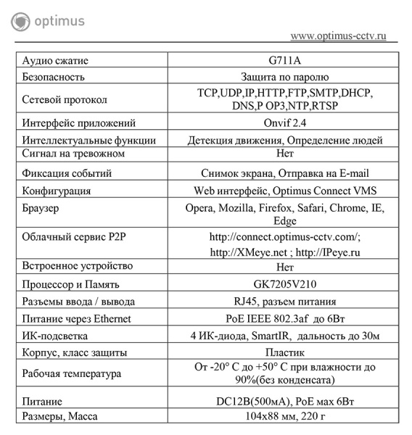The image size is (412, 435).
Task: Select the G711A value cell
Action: (285, 61)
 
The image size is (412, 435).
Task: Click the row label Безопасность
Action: (54, 76)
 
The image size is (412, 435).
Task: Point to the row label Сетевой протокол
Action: (65, 99)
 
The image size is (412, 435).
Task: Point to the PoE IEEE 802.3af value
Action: (272, 318)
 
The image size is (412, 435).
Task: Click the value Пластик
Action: (285, 352)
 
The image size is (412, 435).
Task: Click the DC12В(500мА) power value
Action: (250, 401)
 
